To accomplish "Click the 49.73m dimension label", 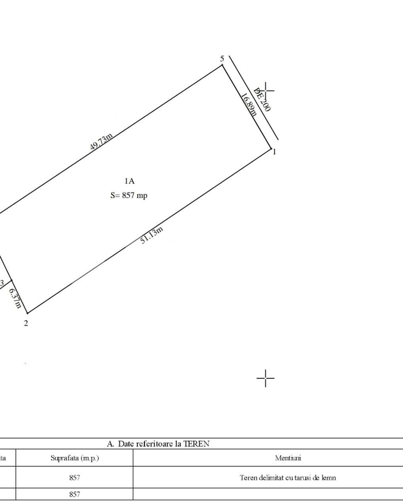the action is click(101, 141).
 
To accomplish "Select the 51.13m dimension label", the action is click(152, 235).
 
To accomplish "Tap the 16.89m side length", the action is click(249, 105).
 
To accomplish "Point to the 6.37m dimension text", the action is click(15, 298).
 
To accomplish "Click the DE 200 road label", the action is click(262, 99).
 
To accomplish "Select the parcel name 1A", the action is click(129, 181).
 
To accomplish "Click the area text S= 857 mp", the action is click(129, 195).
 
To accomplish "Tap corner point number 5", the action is click(222, 58).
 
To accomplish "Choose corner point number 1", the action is click(274, 152).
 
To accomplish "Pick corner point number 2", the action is click(26, 323).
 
